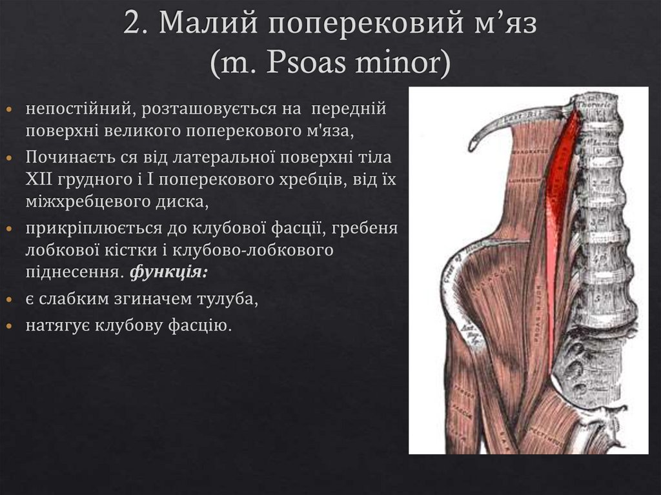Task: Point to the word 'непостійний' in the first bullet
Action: pos(77,109)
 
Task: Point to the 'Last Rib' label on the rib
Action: pos(521,116)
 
